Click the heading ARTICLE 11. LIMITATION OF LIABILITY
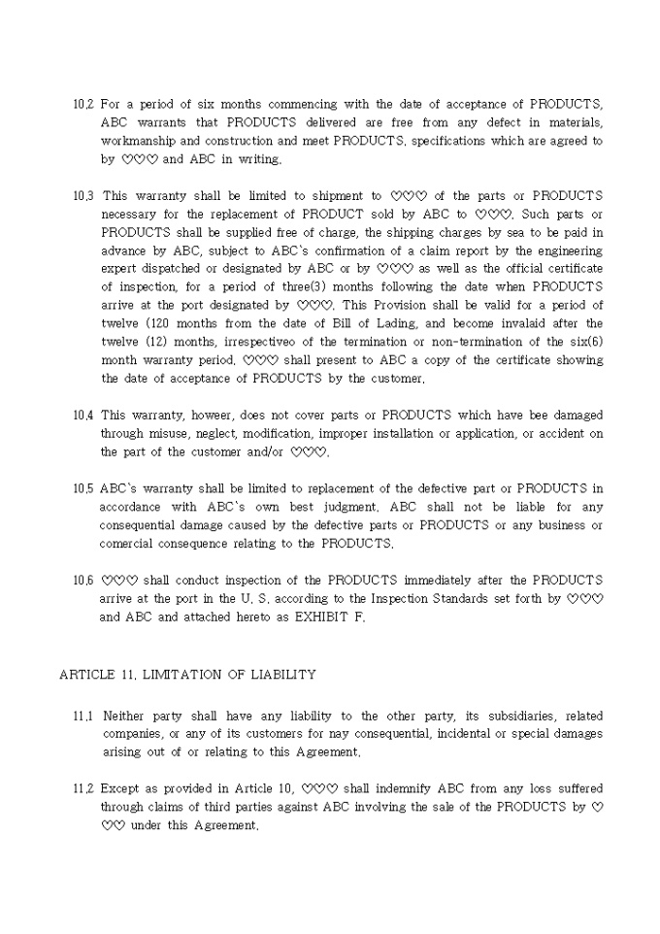pos(187,674)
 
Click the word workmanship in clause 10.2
pos(138,142)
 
